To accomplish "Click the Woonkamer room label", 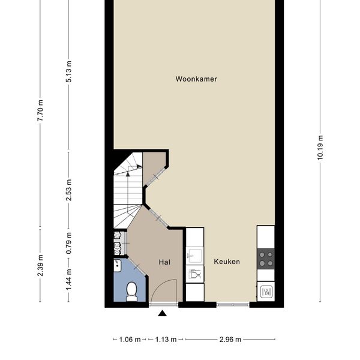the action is coord(196,79).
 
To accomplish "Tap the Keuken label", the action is coord(227,262).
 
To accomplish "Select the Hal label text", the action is coord(164,262).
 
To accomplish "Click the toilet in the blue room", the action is coord(132,292).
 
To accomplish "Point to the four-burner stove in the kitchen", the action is coord(266,259).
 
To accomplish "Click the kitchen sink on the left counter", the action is coord(194,255).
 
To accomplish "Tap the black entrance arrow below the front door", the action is coord(163,313).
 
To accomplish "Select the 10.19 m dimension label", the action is coord(320,148).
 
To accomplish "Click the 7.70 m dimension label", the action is coord(40,110).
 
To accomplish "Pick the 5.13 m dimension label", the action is coord(68,71).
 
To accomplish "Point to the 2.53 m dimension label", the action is coord(68,190).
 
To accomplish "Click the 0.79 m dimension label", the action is coord(68,243).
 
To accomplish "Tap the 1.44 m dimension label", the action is coord(68,280).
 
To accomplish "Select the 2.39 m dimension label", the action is coord(40,265).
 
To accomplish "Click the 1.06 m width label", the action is coord(130,340).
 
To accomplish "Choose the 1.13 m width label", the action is coord(166,340).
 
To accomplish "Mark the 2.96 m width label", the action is coord(230,340).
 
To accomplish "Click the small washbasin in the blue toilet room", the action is coord(118,265).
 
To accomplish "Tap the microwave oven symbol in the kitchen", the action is coord(266,292).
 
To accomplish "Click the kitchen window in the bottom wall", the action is coord(233,305).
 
